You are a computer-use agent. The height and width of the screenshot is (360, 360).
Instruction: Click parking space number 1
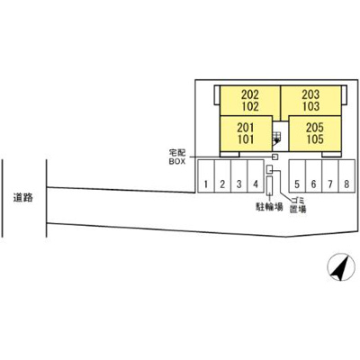[x=206, y=176]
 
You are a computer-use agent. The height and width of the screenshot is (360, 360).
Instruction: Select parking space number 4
[x=256, y=176]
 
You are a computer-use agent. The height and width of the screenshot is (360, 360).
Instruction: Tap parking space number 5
[x=297, y=176]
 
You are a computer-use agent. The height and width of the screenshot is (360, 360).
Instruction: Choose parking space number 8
[x=346, y=176]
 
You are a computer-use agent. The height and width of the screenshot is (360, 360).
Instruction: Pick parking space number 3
[x=239, y=176]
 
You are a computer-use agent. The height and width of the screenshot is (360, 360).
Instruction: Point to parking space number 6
[x=313, y=176]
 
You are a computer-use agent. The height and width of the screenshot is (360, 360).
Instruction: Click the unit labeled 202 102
[x=250, y=101]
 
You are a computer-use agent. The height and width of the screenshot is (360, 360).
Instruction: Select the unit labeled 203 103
[x=310, y=101]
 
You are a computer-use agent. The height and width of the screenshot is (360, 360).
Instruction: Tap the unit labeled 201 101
[x=246, y=134]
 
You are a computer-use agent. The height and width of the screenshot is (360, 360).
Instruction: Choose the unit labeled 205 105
[x=315, y=134]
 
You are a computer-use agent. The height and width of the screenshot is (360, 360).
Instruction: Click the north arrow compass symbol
[x=340, y=266]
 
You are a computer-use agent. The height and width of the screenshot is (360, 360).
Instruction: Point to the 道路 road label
[x=22, y=198]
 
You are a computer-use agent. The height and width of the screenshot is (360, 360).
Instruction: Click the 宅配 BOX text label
[x=177, y=157]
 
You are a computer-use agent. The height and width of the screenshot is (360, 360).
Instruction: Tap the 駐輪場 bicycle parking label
[x=269, y=207]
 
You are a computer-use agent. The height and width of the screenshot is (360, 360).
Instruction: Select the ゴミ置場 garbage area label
[x=298, y=205]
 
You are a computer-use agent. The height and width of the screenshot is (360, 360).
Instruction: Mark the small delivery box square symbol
[x=274, y=157]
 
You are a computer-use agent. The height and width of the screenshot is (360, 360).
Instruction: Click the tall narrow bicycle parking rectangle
[x=269, y=185]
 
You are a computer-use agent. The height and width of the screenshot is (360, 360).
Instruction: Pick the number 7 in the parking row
[x=330, y=184]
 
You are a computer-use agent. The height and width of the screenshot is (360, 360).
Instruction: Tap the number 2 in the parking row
[x=222, y=184]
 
